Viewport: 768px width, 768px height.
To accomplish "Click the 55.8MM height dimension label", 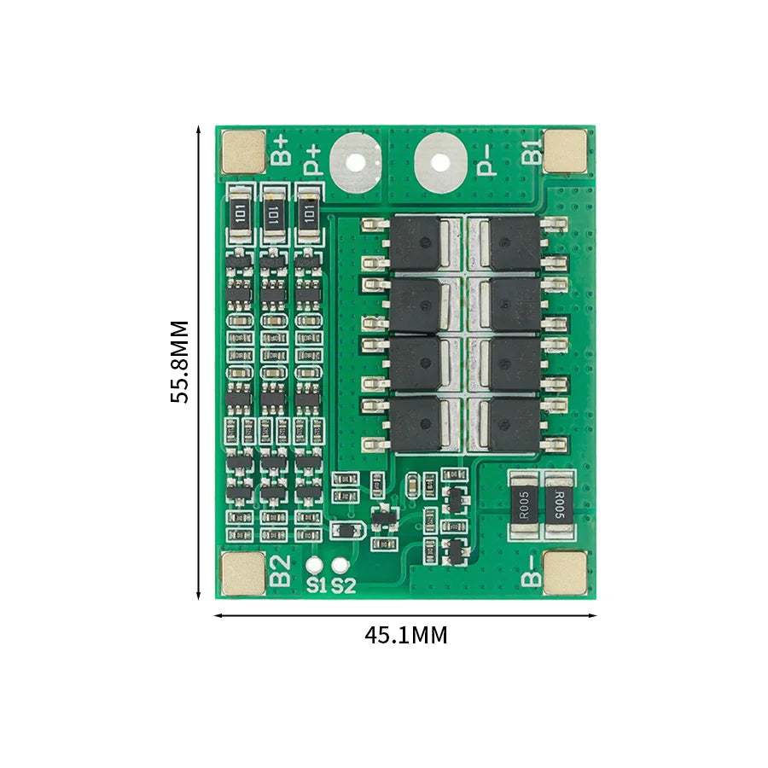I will (178, 362).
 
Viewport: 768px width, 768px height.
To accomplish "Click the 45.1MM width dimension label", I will (405, 636).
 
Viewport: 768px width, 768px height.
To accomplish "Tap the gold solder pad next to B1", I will (566, 150).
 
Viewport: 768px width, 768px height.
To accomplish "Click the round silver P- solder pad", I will (439, 161).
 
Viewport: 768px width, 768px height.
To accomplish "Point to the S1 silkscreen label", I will (317, 585).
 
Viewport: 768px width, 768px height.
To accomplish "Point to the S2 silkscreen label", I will (343, 585).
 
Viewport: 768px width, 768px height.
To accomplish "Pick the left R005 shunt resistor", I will (523, 505).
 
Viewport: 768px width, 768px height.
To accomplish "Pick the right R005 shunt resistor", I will (558, 505).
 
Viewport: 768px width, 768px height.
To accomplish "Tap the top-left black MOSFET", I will (416, 242).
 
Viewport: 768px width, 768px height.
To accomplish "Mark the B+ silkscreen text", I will (282, 150).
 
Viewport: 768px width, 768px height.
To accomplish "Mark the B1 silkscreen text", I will (531, 150).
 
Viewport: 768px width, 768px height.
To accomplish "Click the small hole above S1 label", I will (317, 565).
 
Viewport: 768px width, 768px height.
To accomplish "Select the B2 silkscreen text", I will (281, 571).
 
